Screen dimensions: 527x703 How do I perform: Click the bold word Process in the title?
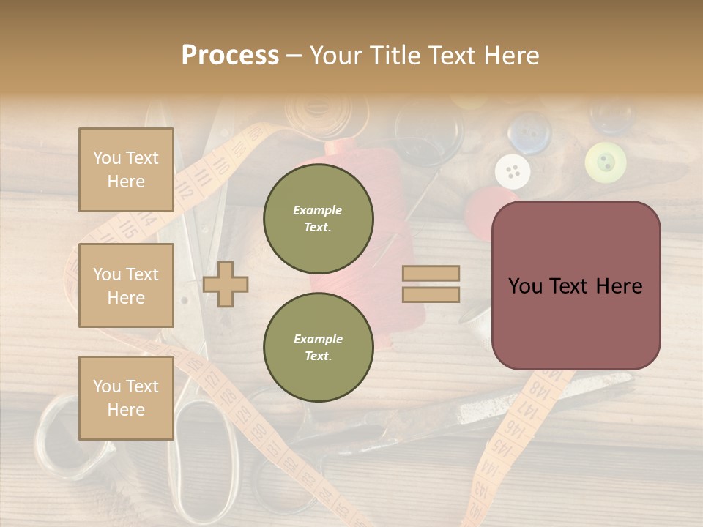coord(230,55)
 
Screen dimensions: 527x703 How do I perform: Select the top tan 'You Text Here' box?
coord(126,170)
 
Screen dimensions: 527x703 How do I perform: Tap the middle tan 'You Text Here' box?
coord(126,285)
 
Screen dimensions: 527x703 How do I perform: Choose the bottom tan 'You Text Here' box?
coord(126,398)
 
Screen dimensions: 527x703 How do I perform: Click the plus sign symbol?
coord(226,283)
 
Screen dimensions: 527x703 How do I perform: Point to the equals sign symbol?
coord(431,284)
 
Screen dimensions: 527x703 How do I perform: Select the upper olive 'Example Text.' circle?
coord(318,219)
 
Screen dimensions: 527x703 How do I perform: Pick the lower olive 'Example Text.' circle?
coord(318,348)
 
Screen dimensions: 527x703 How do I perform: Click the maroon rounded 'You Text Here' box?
coord(576,285)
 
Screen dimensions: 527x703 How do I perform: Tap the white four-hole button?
coord(513,172)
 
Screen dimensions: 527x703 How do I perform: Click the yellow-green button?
coord(606,162)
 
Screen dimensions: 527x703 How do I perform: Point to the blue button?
coord(529,132)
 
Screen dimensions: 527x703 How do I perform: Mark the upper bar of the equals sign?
coord(431,274)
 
